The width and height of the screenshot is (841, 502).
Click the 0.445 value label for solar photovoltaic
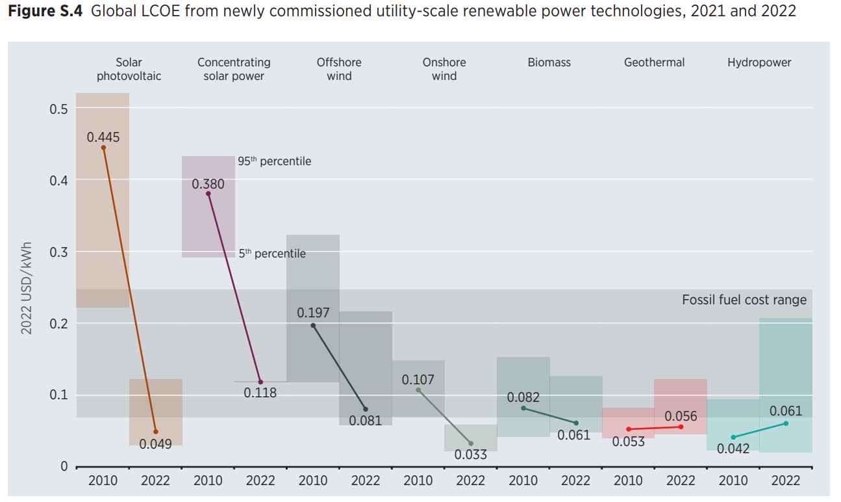103,137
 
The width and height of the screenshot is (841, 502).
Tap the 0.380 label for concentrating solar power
208,184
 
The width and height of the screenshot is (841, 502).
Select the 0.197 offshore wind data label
313,313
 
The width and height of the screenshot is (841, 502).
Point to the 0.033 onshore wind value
471,455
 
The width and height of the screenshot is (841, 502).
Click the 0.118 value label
260,393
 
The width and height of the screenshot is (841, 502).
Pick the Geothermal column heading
654,62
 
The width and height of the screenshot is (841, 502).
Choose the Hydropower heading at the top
759,62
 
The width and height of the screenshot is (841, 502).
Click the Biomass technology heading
549,62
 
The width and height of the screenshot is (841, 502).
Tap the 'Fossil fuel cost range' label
744,300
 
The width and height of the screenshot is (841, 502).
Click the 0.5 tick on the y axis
59,109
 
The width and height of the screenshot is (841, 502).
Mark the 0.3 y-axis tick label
59,252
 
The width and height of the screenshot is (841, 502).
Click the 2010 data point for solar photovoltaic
103,148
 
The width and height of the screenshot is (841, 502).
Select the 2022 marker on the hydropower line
786,423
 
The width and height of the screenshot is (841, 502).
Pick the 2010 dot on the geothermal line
628,429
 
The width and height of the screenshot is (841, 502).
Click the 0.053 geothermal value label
628,442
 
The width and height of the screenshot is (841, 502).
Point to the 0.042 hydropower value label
733,449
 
